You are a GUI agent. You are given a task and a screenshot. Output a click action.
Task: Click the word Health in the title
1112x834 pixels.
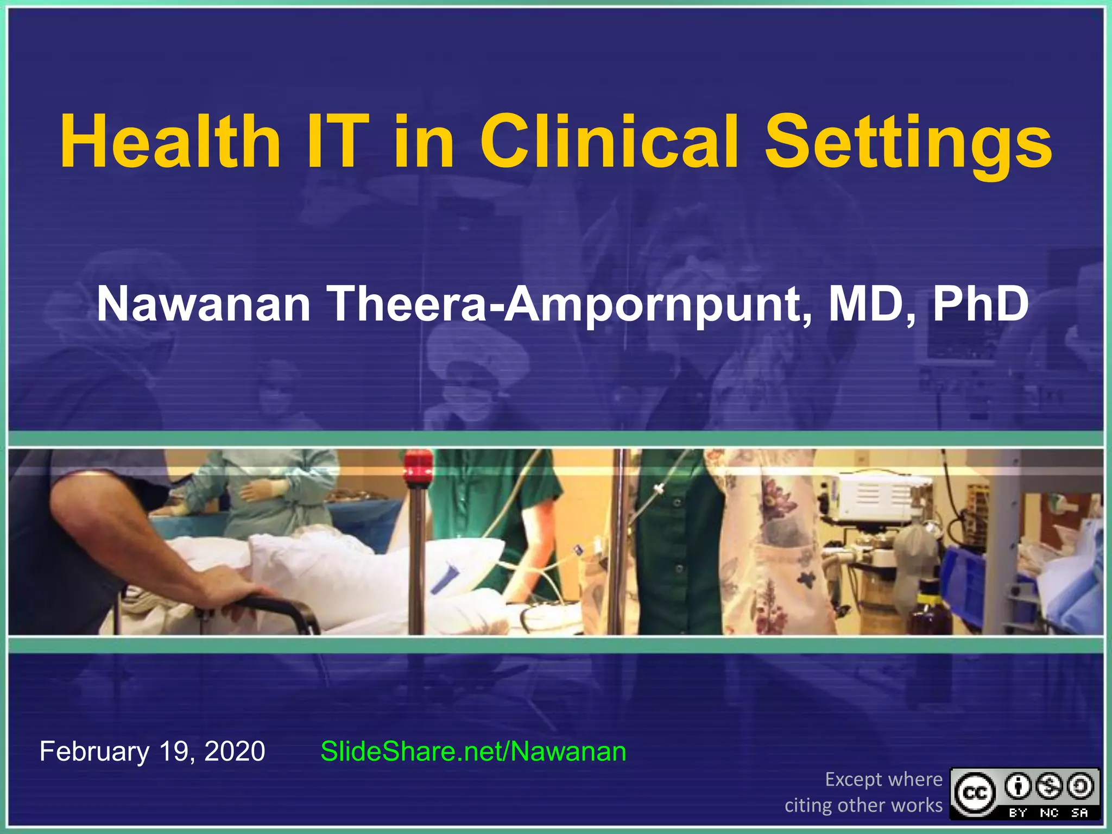[x=170, y=142]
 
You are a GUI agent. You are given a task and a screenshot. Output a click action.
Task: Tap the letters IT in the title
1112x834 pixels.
[x=337, y=142]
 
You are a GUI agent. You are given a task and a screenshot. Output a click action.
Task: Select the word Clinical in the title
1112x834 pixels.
[x=609, y=142]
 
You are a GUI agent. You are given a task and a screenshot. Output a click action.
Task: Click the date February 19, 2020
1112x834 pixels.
[x=152, y=751]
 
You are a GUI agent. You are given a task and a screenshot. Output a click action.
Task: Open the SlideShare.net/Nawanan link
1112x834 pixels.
[x=473, y=751]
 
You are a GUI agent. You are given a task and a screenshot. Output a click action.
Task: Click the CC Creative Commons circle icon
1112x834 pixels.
[x=975, y=793]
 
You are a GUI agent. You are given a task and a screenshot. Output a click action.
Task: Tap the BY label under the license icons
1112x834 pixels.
[x=1018, y=813]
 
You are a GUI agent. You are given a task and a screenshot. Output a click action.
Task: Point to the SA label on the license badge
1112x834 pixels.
[x=1079, y=813]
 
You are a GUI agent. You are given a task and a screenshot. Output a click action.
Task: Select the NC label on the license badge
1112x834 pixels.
[x=1049, y=813]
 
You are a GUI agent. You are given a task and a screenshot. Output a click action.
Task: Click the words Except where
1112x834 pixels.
[x=883, y=779]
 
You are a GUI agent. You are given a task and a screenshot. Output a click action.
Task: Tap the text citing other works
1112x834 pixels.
[x=863, y=805]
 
